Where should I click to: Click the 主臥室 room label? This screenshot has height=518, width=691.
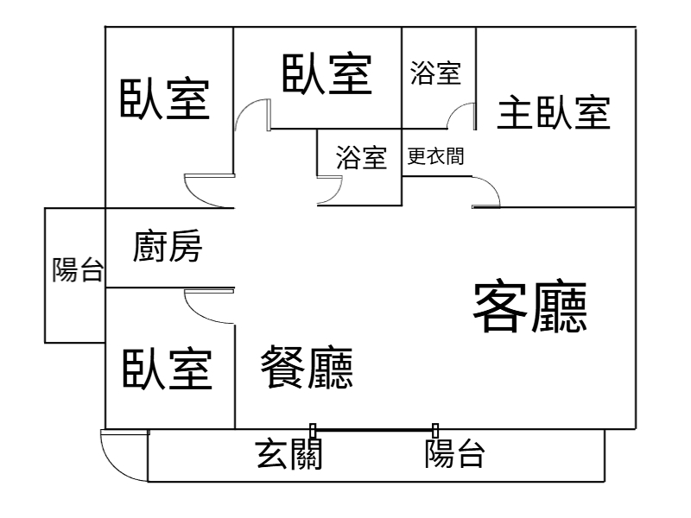(x=554, y=112)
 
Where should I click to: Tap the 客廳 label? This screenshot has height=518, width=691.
(x=530, y=308)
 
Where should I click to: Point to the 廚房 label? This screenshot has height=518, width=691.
(x=168, y=249)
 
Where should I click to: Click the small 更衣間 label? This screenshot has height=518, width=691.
(x=435, y=157)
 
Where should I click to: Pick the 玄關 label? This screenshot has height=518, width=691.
(x=289, y=452)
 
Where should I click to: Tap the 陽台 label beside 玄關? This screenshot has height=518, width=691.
(x=454, y=452)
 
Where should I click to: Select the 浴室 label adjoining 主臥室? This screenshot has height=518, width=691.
(x=435, y=73)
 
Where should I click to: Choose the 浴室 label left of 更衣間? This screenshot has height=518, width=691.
(x=361, y=158)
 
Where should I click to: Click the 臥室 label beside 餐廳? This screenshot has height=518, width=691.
(x=167, y=370)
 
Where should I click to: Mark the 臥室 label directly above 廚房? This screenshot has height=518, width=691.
(x=164, y=100)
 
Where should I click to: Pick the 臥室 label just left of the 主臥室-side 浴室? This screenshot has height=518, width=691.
(x=327, y=74)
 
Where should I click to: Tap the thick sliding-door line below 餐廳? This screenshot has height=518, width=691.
(x=373, y=429)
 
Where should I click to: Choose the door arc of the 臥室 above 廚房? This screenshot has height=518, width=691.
(x=202, y=189)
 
